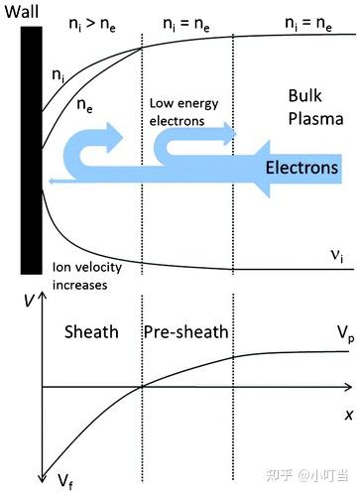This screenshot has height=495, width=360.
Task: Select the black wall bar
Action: coord(31,149)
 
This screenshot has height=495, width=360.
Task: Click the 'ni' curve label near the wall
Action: coord(58,75)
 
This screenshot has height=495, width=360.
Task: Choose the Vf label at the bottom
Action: coord(63,481)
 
